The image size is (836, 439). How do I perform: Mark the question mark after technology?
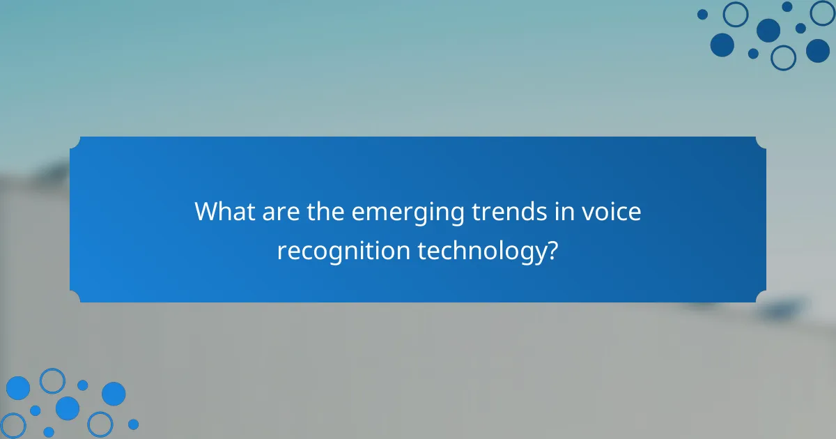coord(552,249)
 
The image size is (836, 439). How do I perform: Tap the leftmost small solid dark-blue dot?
coord(702,14)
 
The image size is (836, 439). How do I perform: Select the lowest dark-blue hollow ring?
coord(784,58)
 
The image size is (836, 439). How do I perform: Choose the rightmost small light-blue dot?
coord(133,424)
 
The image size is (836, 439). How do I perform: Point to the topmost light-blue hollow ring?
coord(52,380)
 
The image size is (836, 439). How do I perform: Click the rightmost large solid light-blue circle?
coord(114,394)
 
